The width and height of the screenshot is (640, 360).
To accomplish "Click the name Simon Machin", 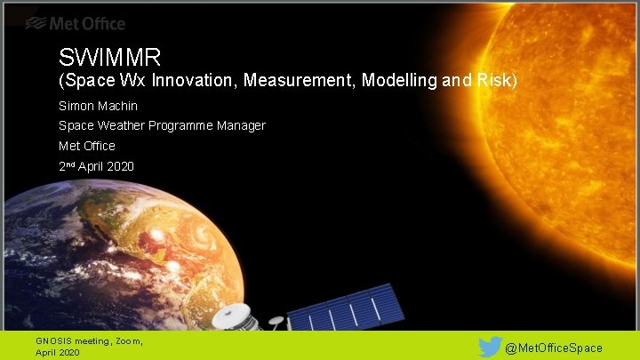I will click(x=98, y=105).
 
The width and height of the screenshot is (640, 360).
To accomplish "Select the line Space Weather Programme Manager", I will click(x=162, y=125).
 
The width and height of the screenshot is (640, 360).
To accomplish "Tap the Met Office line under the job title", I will click(x=86, y=146).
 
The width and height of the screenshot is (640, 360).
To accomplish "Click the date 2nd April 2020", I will click(x=96, y=166).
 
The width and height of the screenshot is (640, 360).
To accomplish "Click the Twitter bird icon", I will click(x=490, y=347).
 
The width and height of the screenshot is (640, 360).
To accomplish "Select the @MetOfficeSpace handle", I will click(x=554, y=348).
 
